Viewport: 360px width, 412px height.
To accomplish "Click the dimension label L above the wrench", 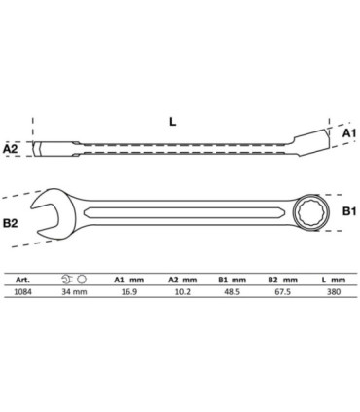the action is pos(173,122).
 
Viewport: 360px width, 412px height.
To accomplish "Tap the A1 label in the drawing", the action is pos(349,133).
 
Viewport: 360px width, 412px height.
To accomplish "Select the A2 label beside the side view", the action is pos(10,149).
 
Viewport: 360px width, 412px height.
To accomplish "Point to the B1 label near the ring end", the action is pos(349,211).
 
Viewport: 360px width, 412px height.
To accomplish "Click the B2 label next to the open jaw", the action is pos(10,223).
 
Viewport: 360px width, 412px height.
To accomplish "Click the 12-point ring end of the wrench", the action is pos(311,212).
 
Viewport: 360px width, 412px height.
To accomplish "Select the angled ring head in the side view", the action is pos(310,142).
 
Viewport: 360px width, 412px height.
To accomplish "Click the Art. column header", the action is pos(22,280).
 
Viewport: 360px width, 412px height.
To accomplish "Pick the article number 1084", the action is pos(22,291).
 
